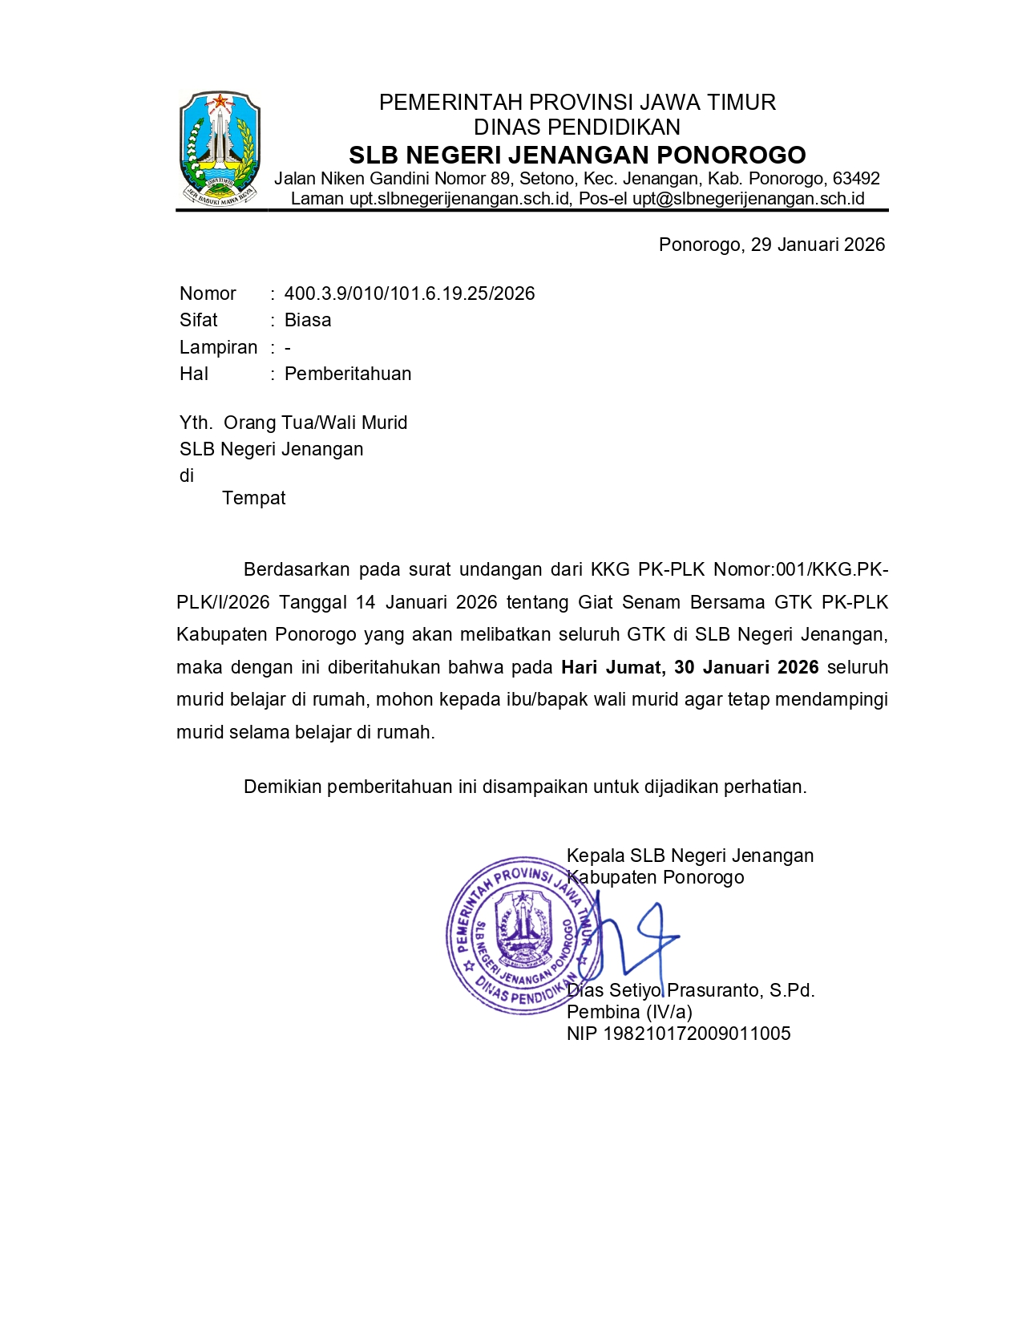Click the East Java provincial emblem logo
pyautogui.click(x=219, y=147)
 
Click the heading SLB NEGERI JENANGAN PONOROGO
pyautogui.click(x=577, y=155)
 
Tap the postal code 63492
pyautogui.click(x=856, y=179)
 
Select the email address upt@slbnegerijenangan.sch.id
pyautogui.click(x=748, y=199)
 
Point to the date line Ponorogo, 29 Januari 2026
pyautogui.click(x=771, y=245)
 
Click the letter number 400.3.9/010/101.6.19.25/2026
pyautogui.click(x=410, y=293)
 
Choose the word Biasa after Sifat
pyautogui.click(x=308, y=321)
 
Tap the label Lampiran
pyautogui.click(x=218, y=347)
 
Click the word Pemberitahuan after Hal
pyautogui.click(x=348, y=374)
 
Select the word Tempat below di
pyautogui.click(x=253, y=499)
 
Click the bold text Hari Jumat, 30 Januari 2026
pyautogui.click(x=689, y=668)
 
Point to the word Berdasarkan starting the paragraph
pyautogui.click(x=297, y=570)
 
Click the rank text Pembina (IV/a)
pyautogui.click(x=629, y=1013)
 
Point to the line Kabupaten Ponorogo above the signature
pyautogui.click(x=656, y=878)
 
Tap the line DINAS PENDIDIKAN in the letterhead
pyautogui.click(x=577, y=127)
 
